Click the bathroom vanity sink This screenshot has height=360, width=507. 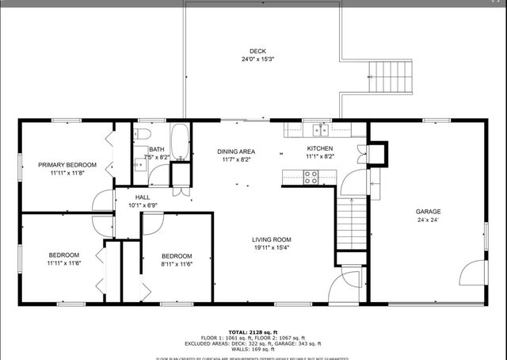137,165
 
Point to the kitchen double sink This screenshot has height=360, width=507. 321,129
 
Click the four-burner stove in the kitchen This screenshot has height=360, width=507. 311,178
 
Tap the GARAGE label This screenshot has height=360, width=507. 429,212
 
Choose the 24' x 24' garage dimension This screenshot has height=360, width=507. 429,220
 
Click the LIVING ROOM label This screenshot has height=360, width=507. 272,239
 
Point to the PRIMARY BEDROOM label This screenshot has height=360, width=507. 67,165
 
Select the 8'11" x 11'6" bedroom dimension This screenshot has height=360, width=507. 177,264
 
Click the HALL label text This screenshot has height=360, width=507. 143,197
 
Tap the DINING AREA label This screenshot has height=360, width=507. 236,151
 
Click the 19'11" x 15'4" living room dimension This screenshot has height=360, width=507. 272,248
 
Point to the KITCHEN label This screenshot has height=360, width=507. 320,148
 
